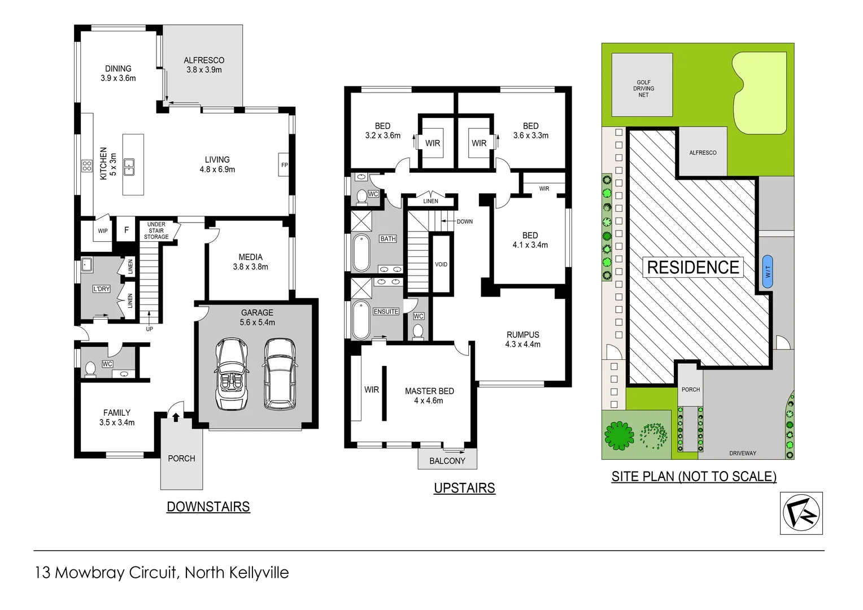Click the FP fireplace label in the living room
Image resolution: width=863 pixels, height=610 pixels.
pos(284,165)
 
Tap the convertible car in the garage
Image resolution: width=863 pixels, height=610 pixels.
pos(232,374)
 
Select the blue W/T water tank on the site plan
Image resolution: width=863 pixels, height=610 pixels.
pos(767,272)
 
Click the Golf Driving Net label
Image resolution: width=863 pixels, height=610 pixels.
pos(643,89)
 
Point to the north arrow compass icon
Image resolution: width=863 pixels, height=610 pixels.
pos(801,513)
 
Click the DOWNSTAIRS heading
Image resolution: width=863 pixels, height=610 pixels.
pos(208,507)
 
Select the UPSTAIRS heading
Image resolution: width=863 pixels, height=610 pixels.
pos(464,488)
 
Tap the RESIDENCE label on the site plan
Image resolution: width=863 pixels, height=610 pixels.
pos(692,267)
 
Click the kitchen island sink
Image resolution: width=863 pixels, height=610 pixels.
pos(129,166)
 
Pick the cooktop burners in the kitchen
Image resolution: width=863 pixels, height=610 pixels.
pos(87,165)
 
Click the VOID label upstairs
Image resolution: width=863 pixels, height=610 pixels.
pos(441,264)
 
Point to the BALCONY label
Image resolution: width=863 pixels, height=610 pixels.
pos(447,461)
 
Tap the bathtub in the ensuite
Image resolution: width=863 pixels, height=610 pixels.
pos(360,320)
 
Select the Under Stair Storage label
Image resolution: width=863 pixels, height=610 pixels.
pos(156,230)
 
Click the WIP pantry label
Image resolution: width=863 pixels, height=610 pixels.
pos(103,231)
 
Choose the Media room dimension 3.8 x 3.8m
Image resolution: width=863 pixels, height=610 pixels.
pos(250,267)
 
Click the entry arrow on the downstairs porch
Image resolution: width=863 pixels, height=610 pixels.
pos(176,417)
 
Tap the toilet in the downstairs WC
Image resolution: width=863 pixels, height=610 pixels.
pos(90,369)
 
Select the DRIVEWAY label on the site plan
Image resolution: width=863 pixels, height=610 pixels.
pos(742,453)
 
